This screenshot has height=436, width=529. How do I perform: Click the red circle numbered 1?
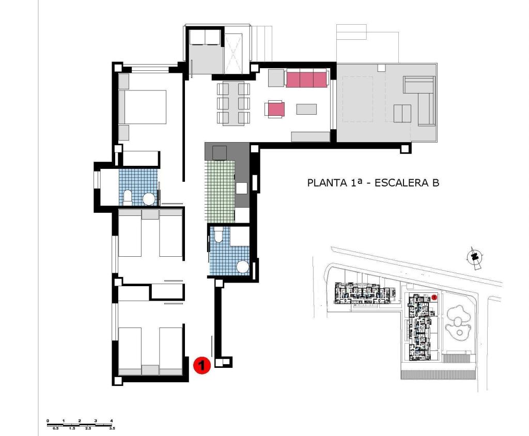click(201, 365)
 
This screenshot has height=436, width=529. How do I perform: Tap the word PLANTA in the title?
click(324, 182)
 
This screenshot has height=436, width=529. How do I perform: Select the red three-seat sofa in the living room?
click(306, 80)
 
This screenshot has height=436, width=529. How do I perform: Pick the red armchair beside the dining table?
click(276, 109)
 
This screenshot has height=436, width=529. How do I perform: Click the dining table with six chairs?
click(234, 103)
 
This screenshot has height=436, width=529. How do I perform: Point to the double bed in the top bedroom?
click(143, 107)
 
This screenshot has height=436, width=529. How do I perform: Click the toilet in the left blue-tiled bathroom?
click(127, 196)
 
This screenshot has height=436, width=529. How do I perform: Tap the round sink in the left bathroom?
click(149, 199)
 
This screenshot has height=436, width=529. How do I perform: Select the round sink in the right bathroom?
click(242, 267)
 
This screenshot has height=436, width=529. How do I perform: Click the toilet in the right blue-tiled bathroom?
click(219, 235)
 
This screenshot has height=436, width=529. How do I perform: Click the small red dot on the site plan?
click(434, 297)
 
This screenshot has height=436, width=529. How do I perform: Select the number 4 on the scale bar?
click(112, 421)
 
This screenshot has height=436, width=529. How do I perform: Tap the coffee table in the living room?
click(306, 109)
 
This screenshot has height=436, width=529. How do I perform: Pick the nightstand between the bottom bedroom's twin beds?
click(150, 369)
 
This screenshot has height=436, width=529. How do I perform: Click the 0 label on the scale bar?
click(48, 421)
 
